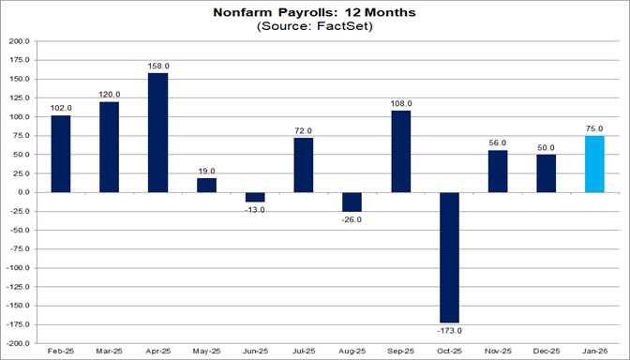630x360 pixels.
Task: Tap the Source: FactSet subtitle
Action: [x=314, y=28]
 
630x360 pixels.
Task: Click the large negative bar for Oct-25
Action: [x=449, y=257]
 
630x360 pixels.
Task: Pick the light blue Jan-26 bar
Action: [x=594, y=164]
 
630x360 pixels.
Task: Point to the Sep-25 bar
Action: [x=400, y=151]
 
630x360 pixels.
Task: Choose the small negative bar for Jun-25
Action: [x=255, y=197]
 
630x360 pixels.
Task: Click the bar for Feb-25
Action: [x=61, y=154]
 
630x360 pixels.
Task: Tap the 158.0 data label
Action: [x=158, y=66]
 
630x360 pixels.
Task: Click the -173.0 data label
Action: [x=449, y=330]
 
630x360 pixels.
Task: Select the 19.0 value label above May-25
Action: [x=206, y=170]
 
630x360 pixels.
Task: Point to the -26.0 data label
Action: [x=352, y=219]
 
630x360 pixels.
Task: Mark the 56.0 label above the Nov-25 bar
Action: [x=498, y=142]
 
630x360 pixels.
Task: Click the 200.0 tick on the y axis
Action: [x=21, y=42]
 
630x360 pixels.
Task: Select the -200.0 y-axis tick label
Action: [x=19, y=342]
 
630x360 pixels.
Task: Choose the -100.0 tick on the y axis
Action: [x=19, y=267]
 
